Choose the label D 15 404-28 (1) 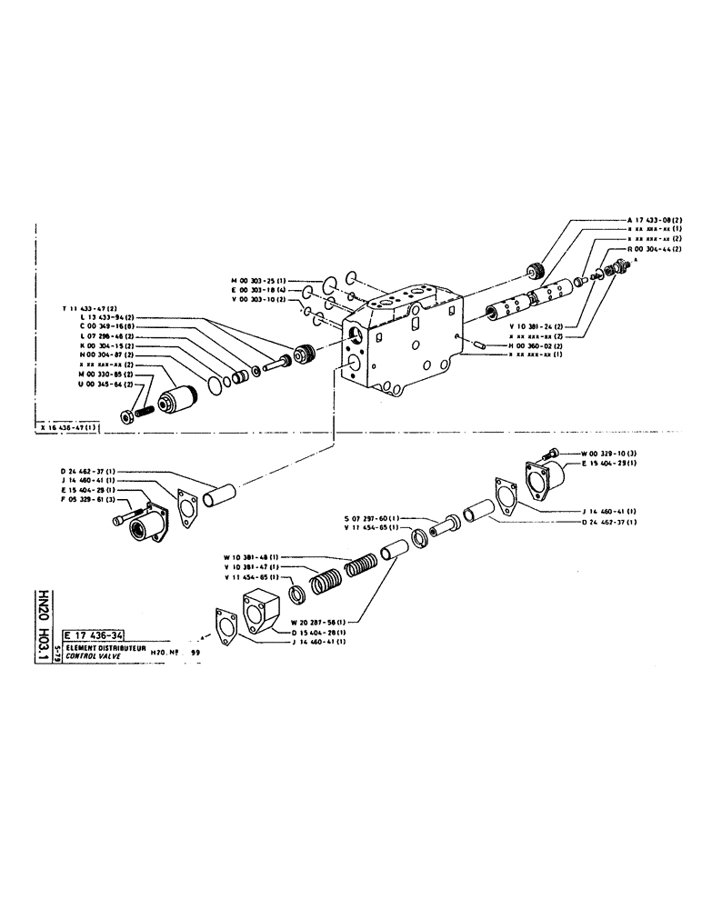pyautogui.click(x=317, y=631)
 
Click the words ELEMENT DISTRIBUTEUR pyautogui.click(x=105, y=647)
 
